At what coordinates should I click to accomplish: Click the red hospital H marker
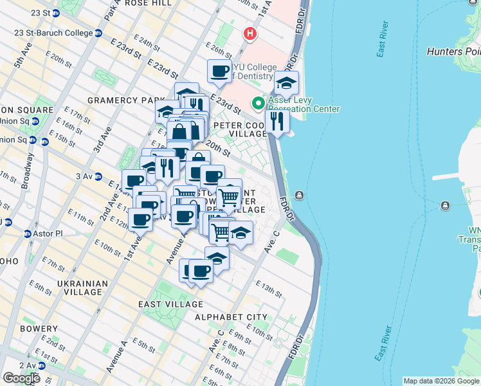(x=250, y=33)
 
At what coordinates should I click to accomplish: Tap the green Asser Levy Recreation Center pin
(x=259, y=103)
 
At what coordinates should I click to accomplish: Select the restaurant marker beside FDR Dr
(x=277, y=121)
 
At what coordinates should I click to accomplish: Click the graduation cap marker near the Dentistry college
(x=287, y=83)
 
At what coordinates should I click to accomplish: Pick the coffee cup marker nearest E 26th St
(x=219, y=71)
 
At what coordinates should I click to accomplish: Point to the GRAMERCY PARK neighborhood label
(x=122, y=100)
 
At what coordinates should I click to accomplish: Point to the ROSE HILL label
(x=149, y=3)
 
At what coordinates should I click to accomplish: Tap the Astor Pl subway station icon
(x=28, y=234)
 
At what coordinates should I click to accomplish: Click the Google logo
(x=22, y=378)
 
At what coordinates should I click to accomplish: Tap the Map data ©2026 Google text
(x=440, y=381)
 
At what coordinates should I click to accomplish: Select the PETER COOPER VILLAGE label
(x=240, y=129)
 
